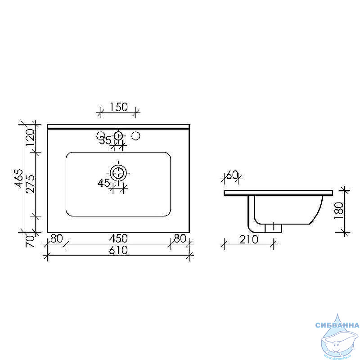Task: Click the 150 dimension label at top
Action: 118,107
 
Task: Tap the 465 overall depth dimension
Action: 18,178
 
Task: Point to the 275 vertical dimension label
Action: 30,184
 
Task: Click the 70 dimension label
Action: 30,241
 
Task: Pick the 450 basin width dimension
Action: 118,238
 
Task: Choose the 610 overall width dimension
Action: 118,250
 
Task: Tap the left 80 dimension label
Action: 57,238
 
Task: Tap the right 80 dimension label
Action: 180,238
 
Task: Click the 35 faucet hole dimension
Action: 105,140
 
